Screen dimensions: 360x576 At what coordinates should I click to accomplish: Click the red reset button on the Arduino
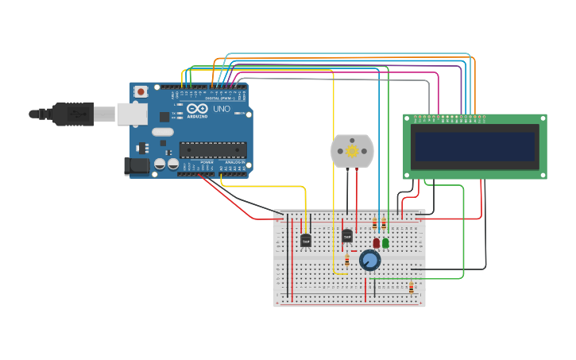tap(141, 91)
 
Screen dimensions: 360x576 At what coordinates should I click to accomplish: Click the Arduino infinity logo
tap(197, 109)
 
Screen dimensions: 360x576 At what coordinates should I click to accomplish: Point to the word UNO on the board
tap(222, 109)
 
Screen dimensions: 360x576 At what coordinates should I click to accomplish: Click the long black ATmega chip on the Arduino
tap(212, 150)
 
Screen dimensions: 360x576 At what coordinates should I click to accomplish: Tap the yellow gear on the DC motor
tap(352, 150)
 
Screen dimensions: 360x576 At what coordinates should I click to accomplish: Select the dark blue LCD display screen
tap(474, 146)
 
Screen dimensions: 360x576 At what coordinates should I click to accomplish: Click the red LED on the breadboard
tap(376, 243)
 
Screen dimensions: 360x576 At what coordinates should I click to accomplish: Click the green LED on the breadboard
tap(385, 243)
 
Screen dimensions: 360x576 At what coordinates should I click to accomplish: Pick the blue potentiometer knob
tap(369, 260)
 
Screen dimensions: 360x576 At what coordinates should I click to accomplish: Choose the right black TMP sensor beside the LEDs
tap(347, 235)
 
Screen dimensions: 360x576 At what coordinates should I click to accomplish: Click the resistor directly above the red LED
tap(375, 224)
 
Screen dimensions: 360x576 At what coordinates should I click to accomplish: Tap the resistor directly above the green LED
tap(385, 224)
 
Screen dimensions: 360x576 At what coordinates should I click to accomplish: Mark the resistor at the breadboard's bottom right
tap(411, 288)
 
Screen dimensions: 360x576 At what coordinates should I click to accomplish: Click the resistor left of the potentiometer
tap(347, 260)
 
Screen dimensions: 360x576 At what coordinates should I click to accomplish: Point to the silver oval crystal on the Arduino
tap(162, 132)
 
